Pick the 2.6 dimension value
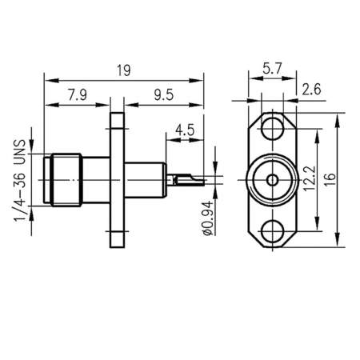(313, 90)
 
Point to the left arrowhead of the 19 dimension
(47, 80)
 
